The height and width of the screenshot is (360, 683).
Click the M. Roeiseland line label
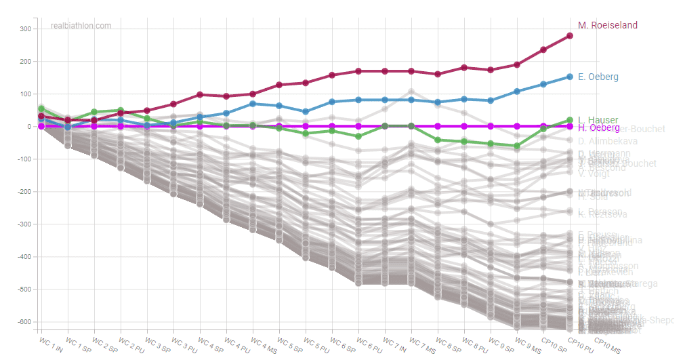pos(607,25)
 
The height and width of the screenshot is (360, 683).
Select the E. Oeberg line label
pos(598,77)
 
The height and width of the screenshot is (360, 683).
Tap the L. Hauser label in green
pos(598,120)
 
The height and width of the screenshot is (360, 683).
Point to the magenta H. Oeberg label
pos(598,127)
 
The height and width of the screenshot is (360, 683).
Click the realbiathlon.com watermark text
pos(81,26)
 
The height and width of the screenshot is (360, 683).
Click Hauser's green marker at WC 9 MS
pos(517,146)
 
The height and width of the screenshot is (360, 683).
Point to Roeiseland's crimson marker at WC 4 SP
pos(200,95)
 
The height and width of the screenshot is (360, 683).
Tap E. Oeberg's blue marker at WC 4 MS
pos(253,104)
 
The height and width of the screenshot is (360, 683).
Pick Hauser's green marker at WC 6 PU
pos(358,136)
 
